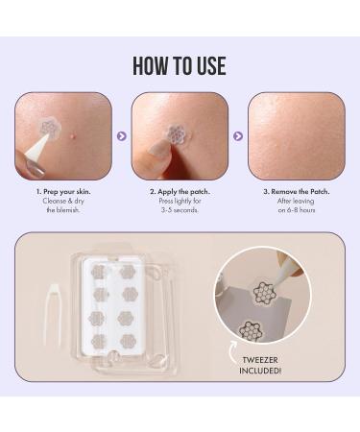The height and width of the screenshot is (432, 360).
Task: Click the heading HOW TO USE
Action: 180,65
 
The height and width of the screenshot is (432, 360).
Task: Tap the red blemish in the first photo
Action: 71,136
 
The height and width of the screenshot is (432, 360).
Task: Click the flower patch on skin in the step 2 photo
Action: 175,134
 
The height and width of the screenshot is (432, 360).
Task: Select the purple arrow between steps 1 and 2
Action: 122,136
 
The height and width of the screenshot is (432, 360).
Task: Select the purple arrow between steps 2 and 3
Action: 238,136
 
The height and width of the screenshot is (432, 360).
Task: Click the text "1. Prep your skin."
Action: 63,192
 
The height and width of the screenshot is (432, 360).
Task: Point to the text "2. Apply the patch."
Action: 180,192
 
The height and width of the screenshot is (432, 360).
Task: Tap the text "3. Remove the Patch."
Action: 297,192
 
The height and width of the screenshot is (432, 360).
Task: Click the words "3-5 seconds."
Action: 180,210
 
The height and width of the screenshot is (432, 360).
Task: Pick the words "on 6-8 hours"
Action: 297,210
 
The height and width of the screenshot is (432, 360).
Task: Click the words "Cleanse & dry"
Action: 63,201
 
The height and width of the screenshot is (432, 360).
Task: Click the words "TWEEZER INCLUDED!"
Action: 260,365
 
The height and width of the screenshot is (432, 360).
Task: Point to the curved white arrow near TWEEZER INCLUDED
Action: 231,352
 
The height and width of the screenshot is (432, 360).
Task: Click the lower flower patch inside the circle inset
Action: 251,330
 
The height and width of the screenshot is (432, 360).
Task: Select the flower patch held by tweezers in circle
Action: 264,292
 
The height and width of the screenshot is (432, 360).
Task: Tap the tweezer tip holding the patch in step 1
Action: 47,136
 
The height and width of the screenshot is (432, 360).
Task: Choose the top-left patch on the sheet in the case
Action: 99,272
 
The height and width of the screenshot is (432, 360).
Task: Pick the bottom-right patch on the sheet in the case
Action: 128,341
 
